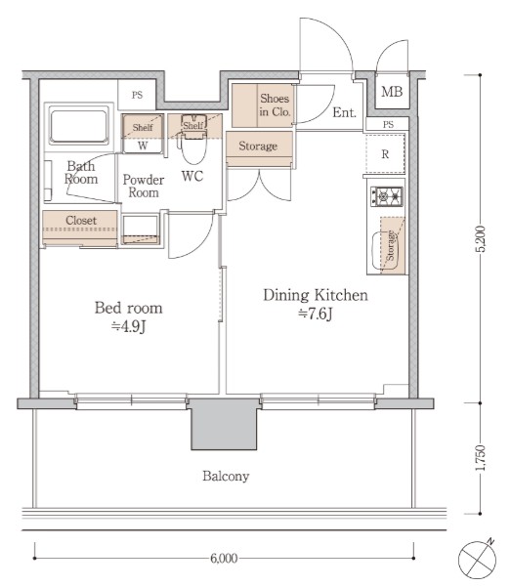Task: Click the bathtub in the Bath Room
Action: tap(78, 125)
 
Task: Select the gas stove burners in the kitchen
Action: tap(387, 195)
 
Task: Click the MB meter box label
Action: tap(392, 92)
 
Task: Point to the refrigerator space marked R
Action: tap(385, 153)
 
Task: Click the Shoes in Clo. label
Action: tap(275, 105)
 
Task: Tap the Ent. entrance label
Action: tap(344, 112)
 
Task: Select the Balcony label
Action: tap(226, 477)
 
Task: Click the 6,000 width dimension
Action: tap(224, 558)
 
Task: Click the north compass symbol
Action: tap(478, 560)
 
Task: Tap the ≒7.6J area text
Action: tap(316, 314)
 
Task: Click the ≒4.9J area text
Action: tap(128, 326)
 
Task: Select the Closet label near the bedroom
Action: tap(81, 220)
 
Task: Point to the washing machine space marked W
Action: tap(143, 146)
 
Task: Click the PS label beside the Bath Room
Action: tap(137, 95)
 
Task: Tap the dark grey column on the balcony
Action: tap(224, 424)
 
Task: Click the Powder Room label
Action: tap(144, 186)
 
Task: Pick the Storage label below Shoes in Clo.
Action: tap(258, 146)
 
